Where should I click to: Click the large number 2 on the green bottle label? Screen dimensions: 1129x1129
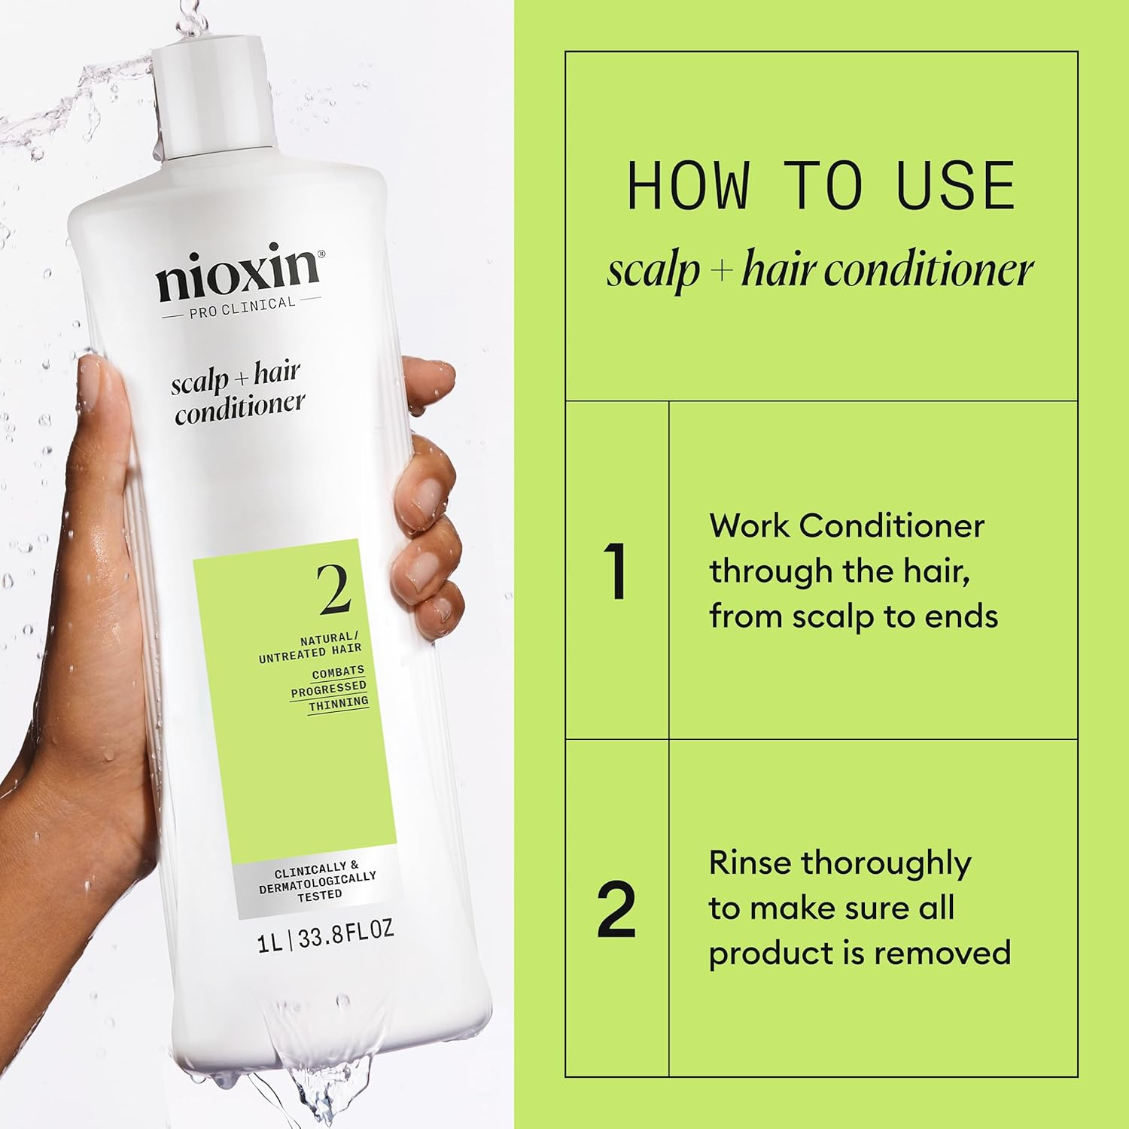(333, 589)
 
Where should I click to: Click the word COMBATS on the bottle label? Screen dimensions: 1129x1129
(338, 671)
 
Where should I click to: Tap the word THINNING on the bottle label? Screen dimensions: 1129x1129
(339, 703)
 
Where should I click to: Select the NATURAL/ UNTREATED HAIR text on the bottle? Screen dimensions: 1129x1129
(310, 649)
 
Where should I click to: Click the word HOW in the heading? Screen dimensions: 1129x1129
(688, 186)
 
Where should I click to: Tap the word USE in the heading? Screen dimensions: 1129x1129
(956, 186)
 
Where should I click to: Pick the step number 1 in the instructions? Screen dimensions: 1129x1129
(616, 571)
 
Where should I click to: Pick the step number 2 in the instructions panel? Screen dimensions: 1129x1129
(616, 909)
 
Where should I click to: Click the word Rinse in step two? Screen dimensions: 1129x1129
(750, 863)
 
